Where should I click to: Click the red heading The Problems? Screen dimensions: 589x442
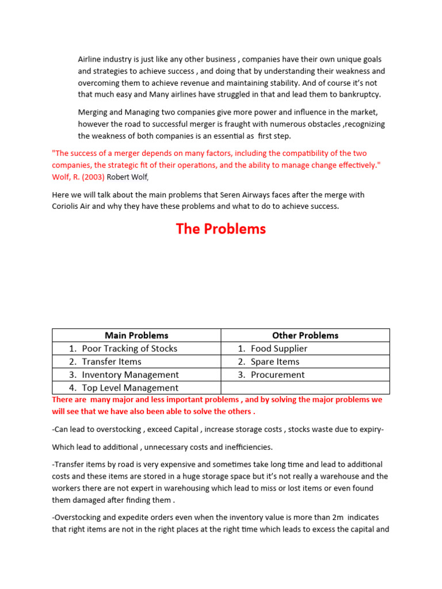coord(221,229)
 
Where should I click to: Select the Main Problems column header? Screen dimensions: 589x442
coord(136,335)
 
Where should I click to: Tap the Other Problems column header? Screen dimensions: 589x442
coord(305,335)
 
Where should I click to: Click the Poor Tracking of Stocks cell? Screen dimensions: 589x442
coord(129,349)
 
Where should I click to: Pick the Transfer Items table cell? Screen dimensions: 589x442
coord(112,362)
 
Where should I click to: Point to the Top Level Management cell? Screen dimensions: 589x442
coord(130,388)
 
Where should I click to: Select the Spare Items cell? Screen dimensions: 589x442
coord(275,362)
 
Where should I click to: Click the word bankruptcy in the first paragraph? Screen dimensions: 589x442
coord(360,95)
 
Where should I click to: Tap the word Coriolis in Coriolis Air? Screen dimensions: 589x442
coord(67,206)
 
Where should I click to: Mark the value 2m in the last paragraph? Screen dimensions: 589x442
coord(340,517)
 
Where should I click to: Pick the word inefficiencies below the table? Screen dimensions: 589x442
coord(245,447)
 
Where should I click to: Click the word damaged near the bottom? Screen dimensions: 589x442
coord(91,500)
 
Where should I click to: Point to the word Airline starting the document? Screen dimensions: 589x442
coord(92,60)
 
